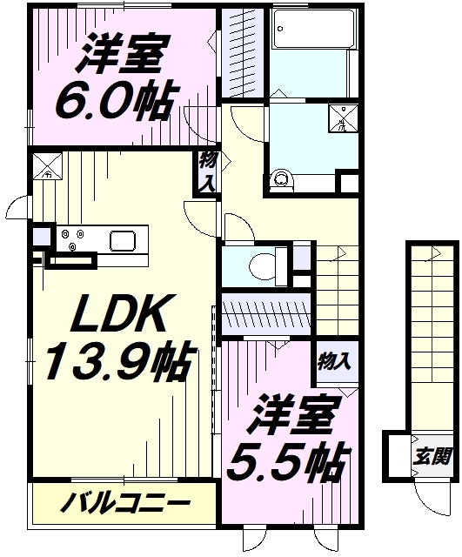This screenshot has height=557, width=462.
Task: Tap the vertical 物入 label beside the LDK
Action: [x=207, y=173]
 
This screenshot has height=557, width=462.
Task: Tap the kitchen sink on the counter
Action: [x=121, y=240]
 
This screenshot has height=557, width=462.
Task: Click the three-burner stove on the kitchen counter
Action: [x=71, y=239]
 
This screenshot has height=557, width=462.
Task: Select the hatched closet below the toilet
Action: [x=265, y=312]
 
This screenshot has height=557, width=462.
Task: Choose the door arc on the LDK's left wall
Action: [x=19, y=209]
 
